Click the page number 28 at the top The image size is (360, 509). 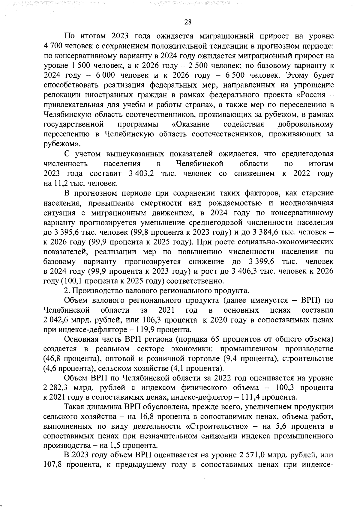pyautogui.click(x=188, y=22)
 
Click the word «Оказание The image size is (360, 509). pyautogui.click(x=191, y=124)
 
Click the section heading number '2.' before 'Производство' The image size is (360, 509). pyautogui.click(x=67, y=291)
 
